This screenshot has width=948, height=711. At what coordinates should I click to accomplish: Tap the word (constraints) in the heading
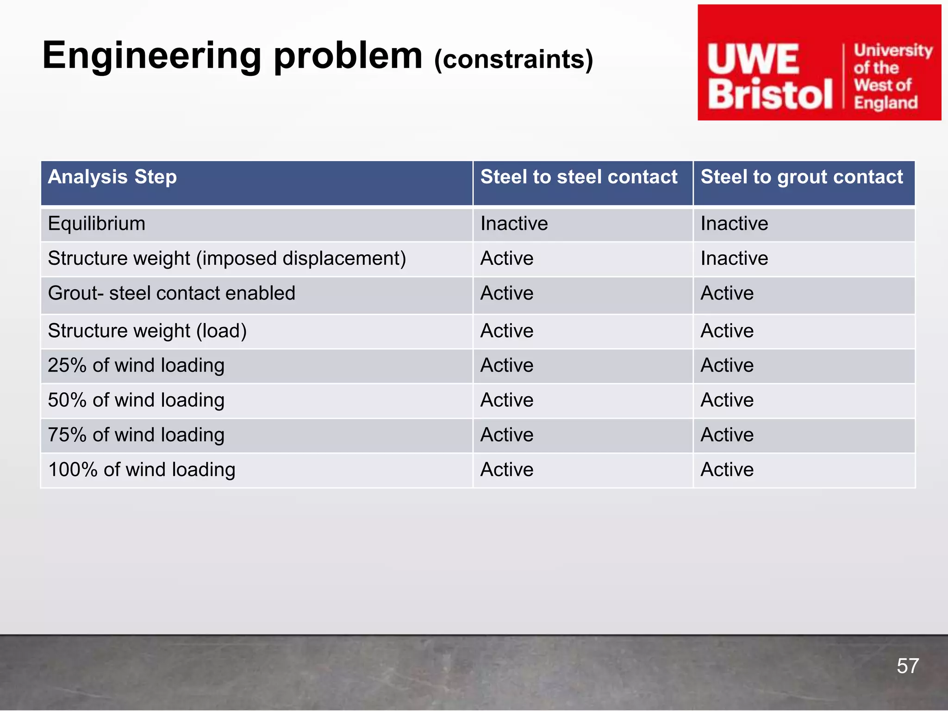[x=513, y=60]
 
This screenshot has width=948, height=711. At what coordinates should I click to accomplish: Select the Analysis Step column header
[x=112, y=177]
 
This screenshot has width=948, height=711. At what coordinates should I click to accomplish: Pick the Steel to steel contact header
[x=579, y=177]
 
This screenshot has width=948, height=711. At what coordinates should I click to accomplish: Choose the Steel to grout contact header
[x=801, y=177]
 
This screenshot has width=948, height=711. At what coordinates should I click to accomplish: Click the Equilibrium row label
[x=97, y=224]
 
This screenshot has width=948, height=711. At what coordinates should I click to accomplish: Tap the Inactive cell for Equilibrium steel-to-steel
[x=514, y=224]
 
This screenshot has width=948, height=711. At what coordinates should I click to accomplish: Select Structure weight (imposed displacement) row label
[x=227, y=259]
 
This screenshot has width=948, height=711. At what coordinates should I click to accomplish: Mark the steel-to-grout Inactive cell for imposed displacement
[x=734, y=259]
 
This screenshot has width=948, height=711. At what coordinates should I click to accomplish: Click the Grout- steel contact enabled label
[x=171, y=293]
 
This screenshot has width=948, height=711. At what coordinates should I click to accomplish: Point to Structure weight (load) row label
[x=147, y=331]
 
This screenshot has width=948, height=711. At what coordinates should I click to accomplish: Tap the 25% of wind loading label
[x=136, y=366]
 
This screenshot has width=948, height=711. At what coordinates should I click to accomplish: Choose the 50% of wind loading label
[x=136, y=400]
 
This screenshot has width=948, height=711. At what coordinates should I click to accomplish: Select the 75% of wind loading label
[x=136, y=435]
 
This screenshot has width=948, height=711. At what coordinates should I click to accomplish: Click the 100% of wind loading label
[x=142, y=470]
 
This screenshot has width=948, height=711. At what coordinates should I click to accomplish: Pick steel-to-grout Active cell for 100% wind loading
[x=727, y=470]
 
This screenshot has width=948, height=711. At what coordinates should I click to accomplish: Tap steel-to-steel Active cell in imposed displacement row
[x=507, y=259]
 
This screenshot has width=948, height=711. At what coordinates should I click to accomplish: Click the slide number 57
[x=907, y=666]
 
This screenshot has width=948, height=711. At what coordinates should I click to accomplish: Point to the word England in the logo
[x=886, y=103]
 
